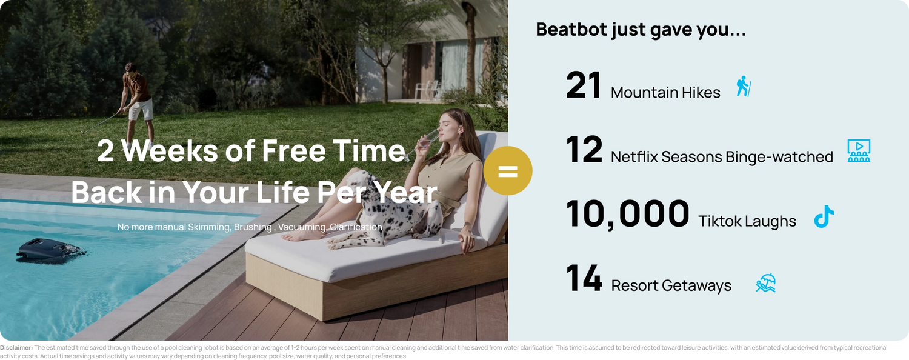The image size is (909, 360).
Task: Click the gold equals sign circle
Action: tap(508, 171)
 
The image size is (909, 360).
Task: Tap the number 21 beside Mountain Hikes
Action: tap(584, 85)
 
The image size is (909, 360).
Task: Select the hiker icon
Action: tap(744, 86)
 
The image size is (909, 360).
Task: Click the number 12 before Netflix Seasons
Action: tap(584, 149)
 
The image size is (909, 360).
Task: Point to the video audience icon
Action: tap(859, 150)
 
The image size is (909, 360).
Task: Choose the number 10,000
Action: tap(627, 215)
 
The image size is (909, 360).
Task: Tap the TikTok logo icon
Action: tap(824, 216)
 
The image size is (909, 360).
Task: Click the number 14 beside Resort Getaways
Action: tap(584, 278)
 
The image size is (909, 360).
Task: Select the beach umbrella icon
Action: tap(766, 283)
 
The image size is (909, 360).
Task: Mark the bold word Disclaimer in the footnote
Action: tap(16, 348)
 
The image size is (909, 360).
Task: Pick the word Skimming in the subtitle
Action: tap(208, 227)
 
